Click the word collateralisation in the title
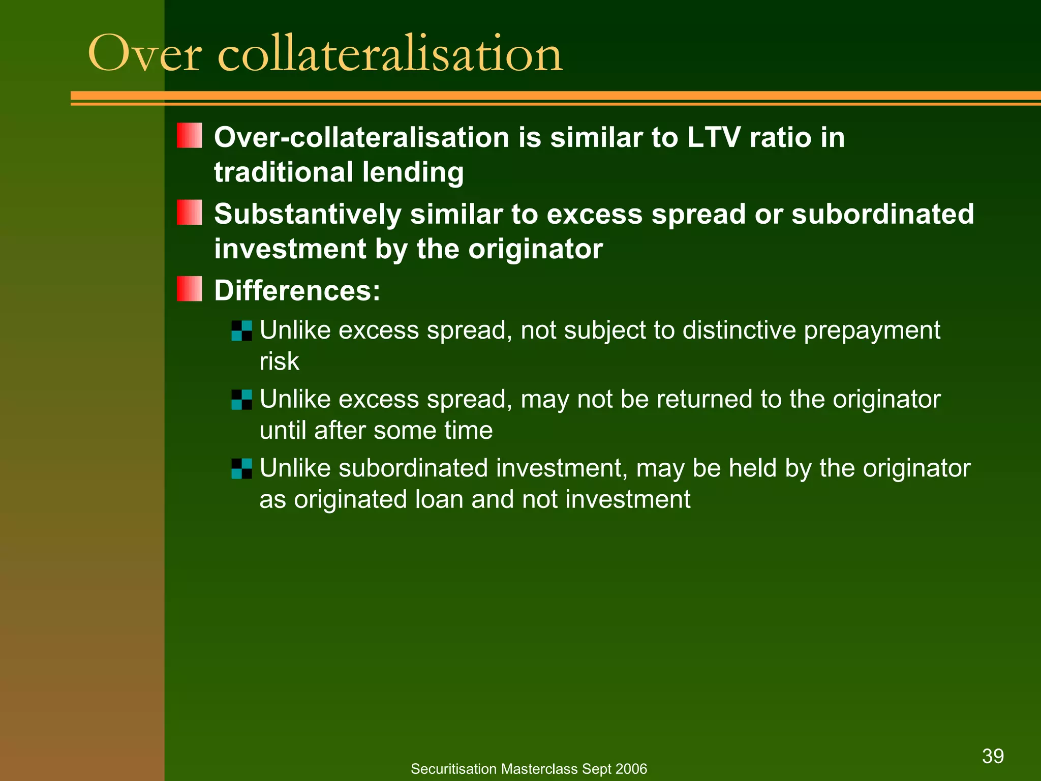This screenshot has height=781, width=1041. tap(390, 53)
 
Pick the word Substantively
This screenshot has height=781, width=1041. tap(308, 214)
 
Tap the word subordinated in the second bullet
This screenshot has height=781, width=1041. tap(883, 214)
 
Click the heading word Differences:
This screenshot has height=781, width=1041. tap(297, 291)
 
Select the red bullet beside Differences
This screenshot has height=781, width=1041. tap(190, 289)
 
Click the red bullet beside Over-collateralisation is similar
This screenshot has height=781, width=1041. tap(190, 135)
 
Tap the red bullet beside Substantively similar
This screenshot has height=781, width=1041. tap(190, 212)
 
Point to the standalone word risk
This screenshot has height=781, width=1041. tap(279, 362)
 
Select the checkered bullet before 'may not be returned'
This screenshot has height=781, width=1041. tap(241, 400)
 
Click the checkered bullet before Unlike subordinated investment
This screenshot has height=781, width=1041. tap(241, 468)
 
